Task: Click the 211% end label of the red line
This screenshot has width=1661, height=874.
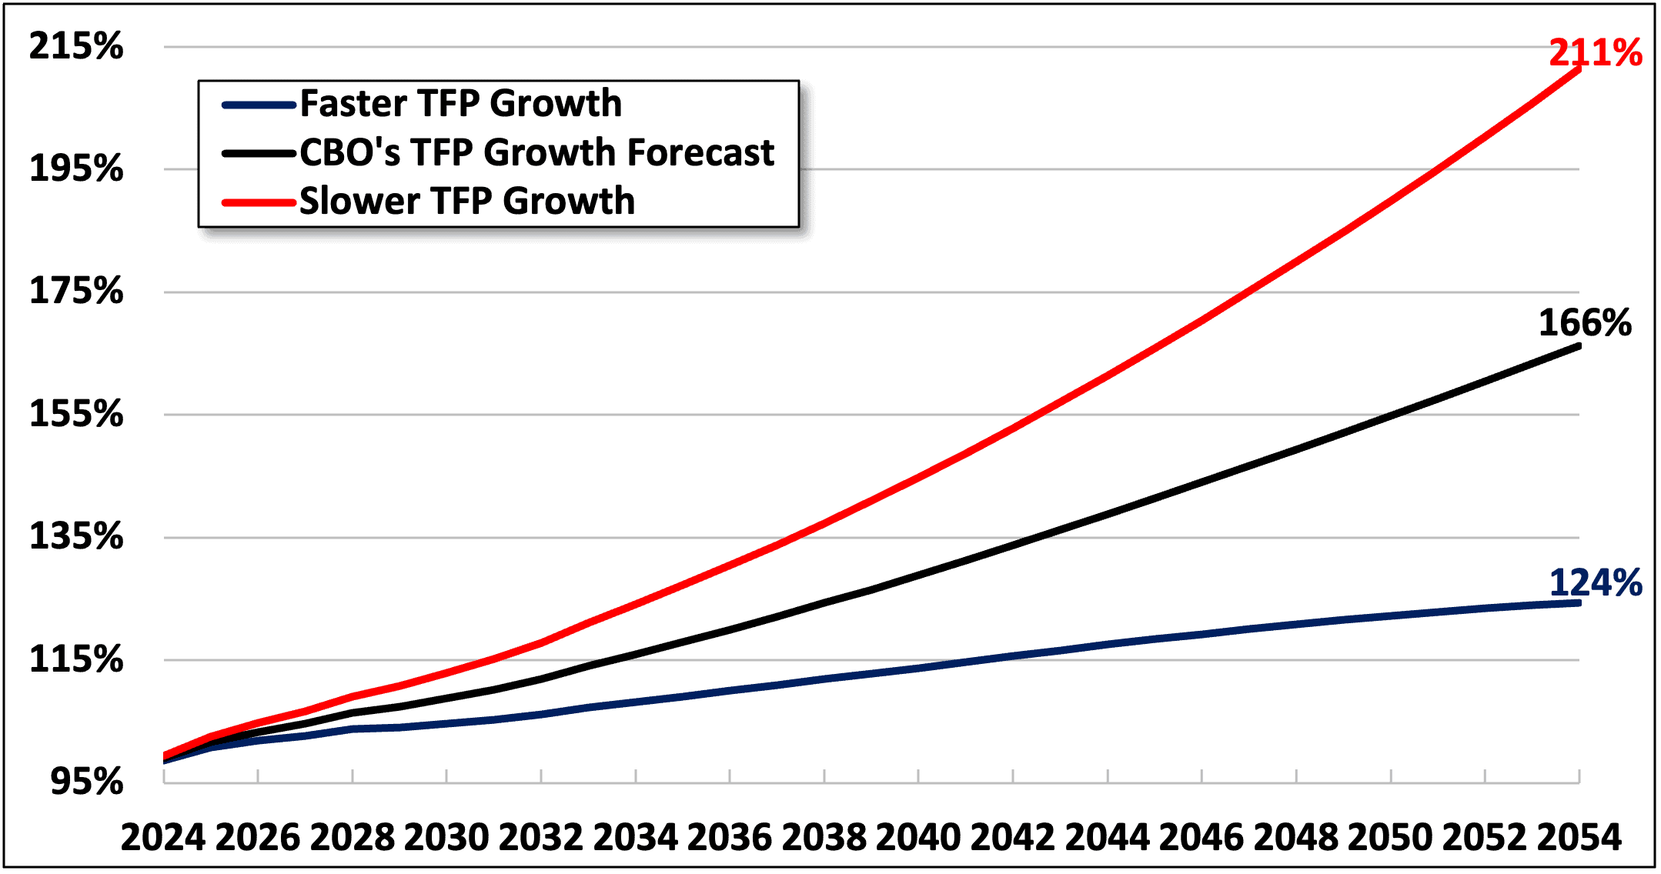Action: pos(1595,52)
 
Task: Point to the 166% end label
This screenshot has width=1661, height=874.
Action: pos(1584,322)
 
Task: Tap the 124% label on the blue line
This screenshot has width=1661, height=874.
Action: pos(1595,582)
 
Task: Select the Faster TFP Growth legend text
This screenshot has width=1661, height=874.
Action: pos(460,104)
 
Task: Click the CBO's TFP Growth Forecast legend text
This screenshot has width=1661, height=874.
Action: pos(536,152)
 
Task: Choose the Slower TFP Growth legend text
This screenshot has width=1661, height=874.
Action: pos(466,202)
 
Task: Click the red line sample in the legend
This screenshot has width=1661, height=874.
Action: pos(259,203)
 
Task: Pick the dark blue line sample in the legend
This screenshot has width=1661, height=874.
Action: pos(259,105)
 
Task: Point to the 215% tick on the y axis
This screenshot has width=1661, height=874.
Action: pos(75,46)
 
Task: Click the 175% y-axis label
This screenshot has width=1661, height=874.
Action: pos(75,292)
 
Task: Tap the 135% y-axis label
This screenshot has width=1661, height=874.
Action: pos(75,536)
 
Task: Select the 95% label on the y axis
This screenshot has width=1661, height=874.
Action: pos(86,782)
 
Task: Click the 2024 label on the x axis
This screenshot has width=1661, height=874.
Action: pos(163,837)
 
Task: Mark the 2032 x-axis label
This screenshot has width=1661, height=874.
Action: pos(540,837)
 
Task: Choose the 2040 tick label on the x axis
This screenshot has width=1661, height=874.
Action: pos(918,837)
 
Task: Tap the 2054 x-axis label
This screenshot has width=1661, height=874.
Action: pos(1579,837)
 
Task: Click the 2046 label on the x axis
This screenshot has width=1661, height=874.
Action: pos(1201,837)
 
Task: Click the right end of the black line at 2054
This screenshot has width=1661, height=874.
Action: pos(1579,346)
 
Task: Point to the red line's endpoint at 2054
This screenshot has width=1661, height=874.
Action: pos(1579,69)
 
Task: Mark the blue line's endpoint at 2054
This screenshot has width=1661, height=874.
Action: pos(1579,603)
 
